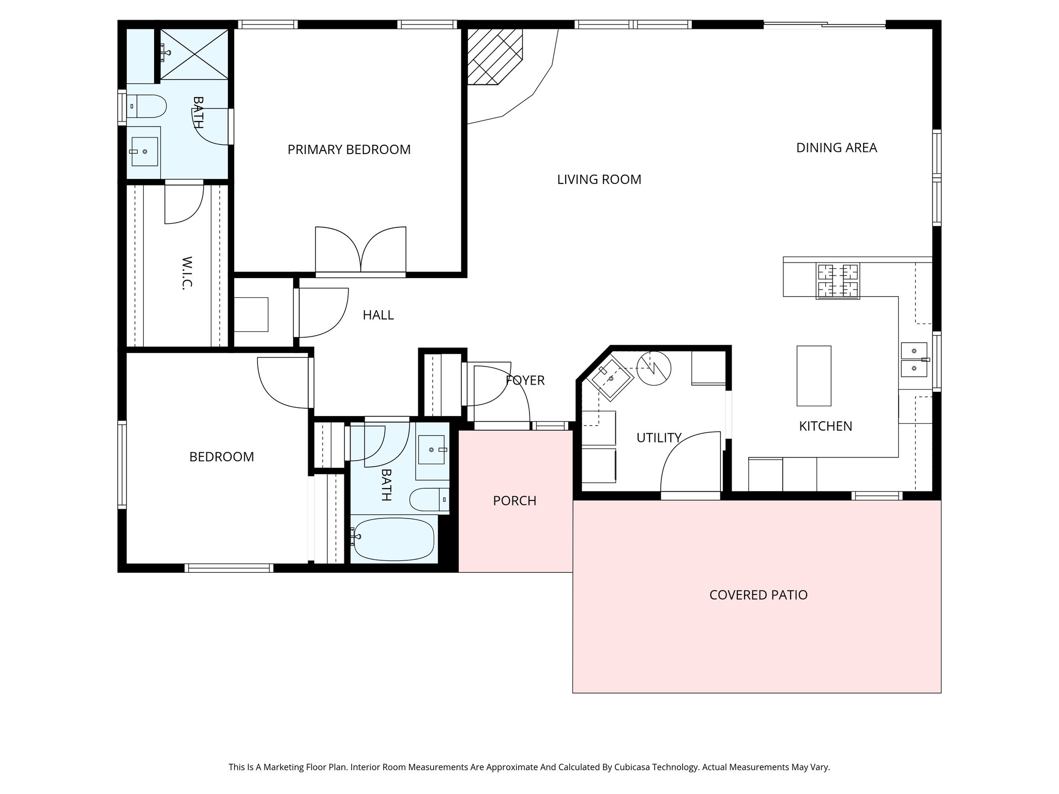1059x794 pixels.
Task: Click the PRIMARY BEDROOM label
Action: [x=349, y=150]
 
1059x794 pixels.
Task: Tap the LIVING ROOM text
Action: [x=599, y=180]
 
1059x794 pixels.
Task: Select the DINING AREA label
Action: [x=836, y=148]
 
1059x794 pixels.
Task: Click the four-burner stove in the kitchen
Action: [x=838, y=281]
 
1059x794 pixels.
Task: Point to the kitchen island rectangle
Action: [x=813, y=376]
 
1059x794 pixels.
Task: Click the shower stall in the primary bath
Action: [x=194, y=54]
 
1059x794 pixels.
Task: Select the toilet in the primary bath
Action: [x=147, y=106]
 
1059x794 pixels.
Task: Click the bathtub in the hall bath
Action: [x=394, y=540]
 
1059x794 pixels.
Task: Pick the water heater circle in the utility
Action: [x=654, y=368]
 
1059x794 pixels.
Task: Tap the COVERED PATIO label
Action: [x=758, y=595]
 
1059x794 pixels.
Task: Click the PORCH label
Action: [x=515, y=501]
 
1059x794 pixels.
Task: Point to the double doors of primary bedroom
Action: [x=360, y=251]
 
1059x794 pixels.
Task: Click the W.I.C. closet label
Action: [x=187, y=272]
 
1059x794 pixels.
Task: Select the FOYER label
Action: [x=525, y=380]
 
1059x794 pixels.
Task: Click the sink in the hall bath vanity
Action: [x=431, y=450]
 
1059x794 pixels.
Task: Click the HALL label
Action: [x=378, y=315]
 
